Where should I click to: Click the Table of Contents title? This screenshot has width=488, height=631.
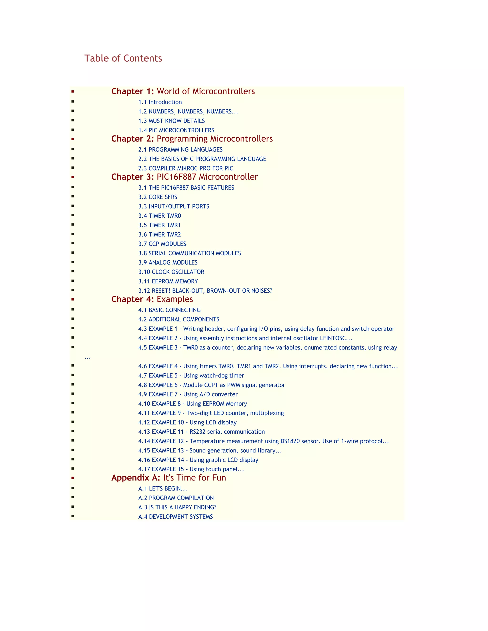123,58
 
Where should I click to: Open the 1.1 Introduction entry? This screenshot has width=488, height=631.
160,102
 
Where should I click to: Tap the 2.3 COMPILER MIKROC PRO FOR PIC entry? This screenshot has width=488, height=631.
186,168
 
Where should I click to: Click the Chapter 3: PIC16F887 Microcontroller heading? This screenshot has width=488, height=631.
184,177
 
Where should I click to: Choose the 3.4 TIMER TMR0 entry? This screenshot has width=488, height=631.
160,215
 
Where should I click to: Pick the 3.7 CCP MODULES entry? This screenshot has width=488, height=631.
162,244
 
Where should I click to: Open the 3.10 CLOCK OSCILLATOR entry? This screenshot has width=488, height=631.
171,272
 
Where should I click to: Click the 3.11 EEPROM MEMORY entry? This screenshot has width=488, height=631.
168,281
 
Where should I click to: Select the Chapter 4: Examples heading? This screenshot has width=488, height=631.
152,299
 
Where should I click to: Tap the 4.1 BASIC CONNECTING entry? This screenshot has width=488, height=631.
169,310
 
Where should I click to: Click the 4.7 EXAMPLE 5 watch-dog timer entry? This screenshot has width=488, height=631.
191,376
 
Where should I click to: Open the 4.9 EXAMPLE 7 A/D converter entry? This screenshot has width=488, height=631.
188,394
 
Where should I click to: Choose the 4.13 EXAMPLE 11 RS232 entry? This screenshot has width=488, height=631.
202,432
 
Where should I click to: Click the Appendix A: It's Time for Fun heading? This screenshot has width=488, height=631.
168,478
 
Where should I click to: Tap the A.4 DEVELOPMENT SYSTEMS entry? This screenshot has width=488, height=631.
175,517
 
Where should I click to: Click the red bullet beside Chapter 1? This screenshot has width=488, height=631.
73,92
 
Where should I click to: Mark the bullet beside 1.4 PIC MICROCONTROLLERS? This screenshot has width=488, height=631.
73,130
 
